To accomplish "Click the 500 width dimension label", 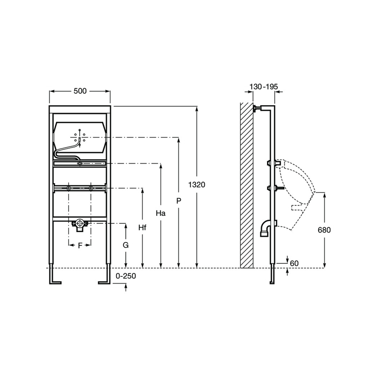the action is tap(80, 91).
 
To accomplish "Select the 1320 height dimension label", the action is tap(197, 185).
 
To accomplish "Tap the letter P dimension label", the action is tap(179, 201).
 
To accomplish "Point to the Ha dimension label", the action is tap(161, 213).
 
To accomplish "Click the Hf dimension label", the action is tap(143, 227).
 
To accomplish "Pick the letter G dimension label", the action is tap(125, 245).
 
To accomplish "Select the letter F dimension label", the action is tap(80, 246).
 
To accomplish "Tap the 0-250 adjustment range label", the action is tap(126, 276).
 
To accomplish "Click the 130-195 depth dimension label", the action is tap(263, 87).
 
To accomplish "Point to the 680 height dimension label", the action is tap(324, 230).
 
